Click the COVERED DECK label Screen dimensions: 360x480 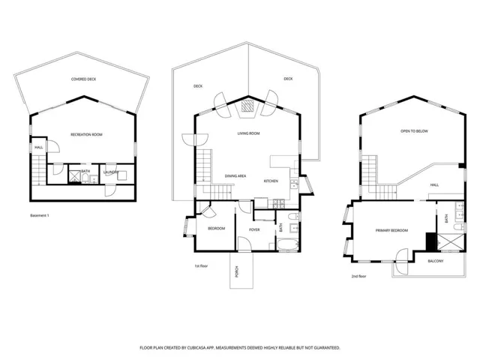[83, 79]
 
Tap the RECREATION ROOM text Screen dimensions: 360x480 [86, 134]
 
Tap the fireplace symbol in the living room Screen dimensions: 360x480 [247, 108]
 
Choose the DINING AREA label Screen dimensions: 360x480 [235, 176]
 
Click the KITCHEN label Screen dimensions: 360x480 [271, 181]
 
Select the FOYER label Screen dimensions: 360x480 [254, 229]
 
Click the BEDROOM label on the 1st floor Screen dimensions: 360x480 [216, 229]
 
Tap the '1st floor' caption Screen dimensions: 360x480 [200, 265]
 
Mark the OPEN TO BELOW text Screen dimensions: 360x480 [414, 131]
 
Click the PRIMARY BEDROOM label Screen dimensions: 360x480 [391, 230]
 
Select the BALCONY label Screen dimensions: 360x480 [435, 261]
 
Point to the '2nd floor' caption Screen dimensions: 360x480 [359, 277]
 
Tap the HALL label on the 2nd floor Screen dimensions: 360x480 [434, 184]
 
